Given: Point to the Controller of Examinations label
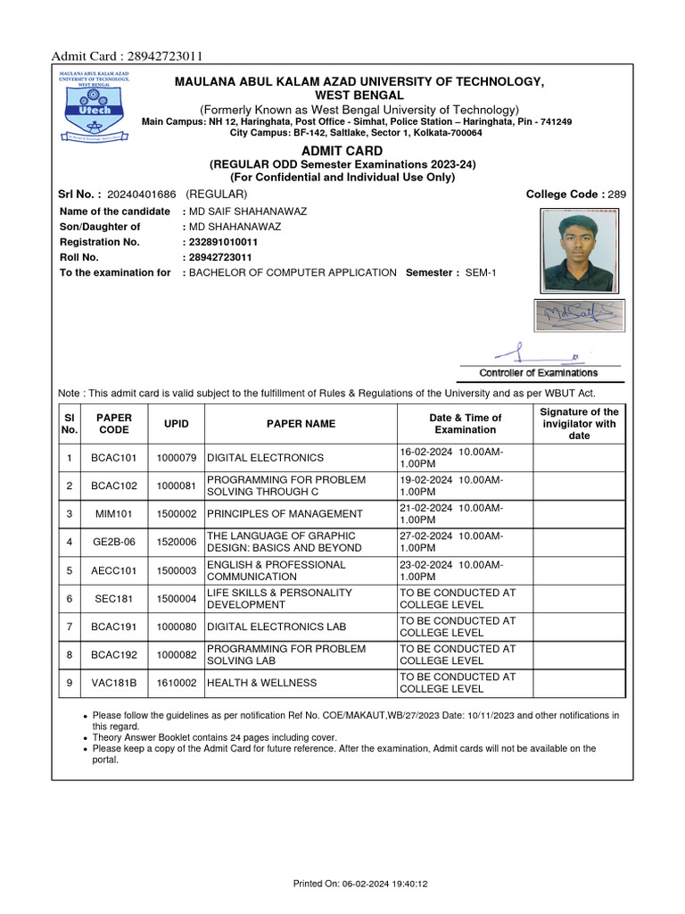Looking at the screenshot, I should (x=539, y=373).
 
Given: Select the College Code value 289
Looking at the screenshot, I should (x=617, y=194).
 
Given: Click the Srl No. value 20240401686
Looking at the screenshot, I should (x=141, y=194).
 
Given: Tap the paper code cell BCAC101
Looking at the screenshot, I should (x=114, y=458).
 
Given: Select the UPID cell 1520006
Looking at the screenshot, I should (x=176, y=542).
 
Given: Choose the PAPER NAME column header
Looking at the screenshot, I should (x=301, y=424).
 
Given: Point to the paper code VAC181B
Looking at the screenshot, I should (x=114, y=683).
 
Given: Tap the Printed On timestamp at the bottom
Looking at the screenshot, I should (x=361, y=884).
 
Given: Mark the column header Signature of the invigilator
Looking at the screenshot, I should (x=579, y=424).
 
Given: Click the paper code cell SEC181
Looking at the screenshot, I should (x=114, y=598).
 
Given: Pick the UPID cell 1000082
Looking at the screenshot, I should (x=176, y=654).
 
